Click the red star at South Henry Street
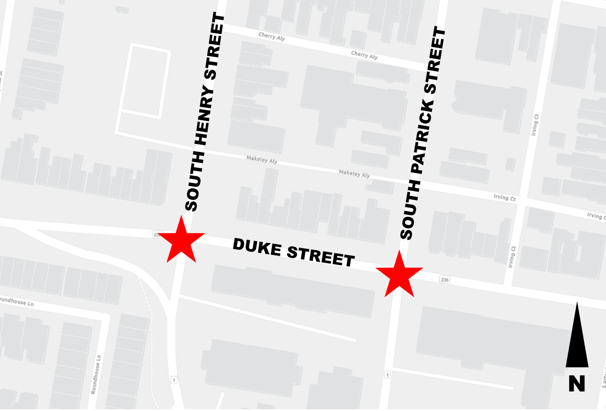181,240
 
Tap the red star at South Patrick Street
399,275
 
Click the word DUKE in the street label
257,247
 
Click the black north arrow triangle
577,339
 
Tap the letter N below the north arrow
577,383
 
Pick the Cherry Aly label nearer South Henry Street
272,36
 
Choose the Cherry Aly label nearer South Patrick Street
364,55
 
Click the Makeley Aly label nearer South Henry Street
262,160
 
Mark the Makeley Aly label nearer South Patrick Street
354,174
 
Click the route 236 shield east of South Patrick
444,279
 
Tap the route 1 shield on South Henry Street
174,380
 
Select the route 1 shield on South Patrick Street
387,375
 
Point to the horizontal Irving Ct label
504,198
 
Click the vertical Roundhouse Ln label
96,374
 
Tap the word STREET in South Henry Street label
214,46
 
